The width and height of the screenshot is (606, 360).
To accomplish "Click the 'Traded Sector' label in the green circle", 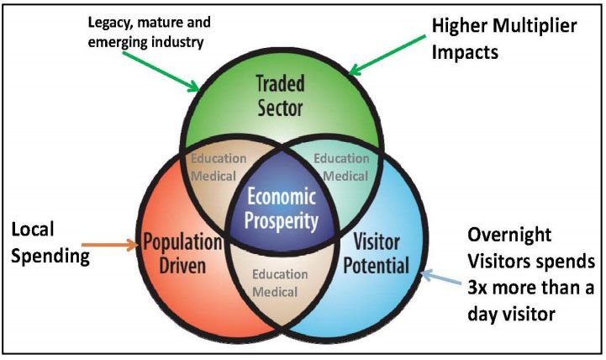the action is coord(281,95).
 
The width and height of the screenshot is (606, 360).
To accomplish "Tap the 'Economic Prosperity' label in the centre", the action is coord(282,209).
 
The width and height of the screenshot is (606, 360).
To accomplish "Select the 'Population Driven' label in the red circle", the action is coord(182,254).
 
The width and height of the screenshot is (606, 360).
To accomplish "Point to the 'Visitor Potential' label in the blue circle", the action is coord(377,254).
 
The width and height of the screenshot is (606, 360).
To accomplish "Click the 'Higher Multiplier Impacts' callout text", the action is coord(504,39).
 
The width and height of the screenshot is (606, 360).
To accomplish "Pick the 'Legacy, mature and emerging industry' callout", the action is coord(149,32).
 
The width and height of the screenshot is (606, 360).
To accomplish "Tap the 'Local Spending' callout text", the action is coord(50,242).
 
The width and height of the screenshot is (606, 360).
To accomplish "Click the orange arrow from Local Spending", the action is coord(110,245).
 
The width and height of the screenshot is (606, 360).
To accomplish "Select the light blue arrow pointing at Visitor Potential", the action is coord(440,278).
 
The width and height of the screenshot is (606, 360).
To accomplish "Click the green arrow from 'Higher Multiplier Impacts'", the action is coord(387,55).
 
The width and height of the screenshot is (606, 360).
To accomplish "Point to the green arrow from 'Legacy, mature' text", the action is coord(161,71).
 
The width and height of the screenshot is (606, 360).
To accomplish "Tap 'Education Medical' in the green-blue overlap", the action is coord(341,167).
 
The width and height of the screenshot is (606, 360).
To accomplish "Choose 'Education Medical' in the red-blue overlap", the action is coord(280,283).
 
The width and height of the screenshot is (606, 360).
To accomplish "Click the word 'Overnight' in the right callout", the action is coord(509,235).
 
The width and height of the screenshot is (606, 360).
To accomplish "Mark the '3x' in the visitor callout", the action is coord(478,289).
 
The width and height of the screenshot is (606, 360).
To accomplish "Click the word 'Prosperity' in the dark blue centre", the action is coord(282,221).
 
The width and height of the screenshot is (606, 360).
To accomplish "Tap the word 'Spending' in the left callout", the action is coord(50,256).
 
